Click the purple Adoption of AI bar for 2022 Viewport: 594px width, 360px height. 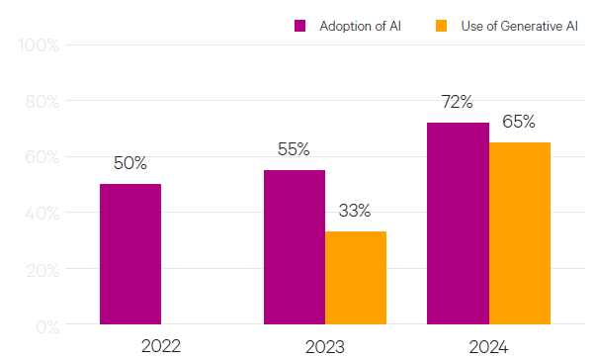(130, 254)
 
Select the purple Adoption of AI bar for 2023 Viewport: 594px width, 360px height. (295, 247)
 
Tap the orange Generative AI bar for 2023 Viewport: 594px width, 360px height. (356, 278)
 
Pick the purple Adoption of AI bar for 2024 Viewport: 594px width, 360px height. (458, 224)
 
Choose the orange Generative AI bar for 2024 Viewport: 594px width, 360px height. (520, 233)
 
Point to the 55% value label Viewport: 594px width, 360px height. (294, 149)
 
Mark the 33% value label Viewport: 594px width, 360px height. (355, 210)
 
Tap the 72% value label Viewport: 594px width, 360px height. (457, 102)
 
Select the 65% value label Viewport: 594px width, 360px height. (519, 122)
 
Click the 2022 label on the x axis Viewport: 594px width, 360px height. (162, 347)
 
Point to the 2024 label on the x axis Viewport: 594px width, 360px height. (488, 347)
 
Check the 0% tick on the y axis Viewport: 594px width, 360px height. (46, 325)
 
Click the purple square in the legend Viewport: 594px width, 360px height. (300, 26)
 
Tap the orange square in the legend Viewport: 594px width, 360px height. (440, 26)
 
